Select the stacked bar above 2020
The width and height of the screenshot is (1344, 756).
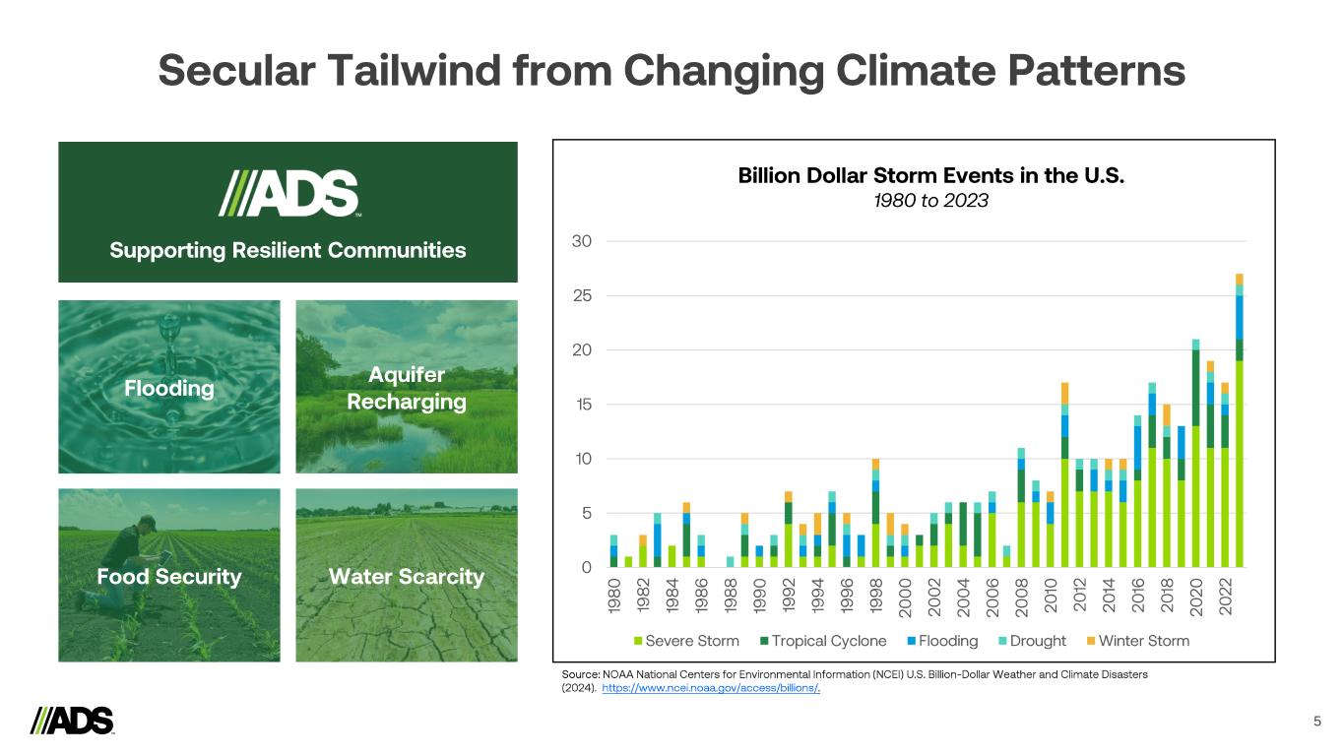1195,453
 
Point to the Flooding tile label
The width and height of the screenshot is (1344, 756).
169,389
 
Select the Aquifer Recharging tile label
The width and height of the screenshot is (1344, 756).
407,389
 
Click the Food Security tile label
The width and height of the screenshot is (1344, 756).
169,577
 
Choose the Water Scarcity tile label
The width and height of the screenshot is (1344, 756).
407,577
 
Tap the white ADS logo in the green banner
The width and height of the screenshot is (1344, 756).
288,193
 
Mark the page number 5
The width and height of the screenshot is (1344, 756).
1317,722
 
